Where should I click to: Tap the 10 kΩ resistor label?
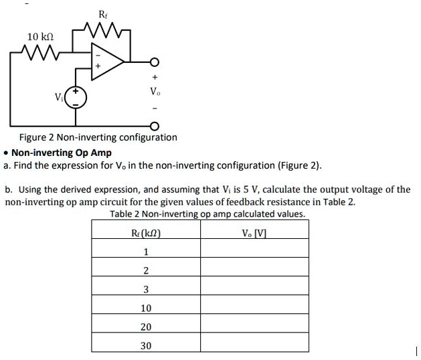point(40,35)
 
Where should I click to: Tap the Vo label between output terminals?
point(155,90)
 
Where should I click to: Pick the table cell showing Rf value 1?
point(146,252)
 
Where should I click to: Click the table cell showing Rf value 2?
point(146,270)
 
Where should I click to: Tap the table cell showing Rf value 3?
point(146,289)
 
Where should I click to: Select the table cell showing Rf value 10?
point(146,308)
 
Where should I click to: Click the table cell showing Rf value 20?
point(146,327)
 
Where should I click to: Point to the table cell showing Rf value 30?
point(146,345)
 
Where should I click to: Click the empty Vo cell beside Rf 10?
point(254,308)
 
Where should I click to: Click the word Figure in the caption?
point(31,137)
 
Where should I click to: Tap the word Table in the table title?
point(121,214)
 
